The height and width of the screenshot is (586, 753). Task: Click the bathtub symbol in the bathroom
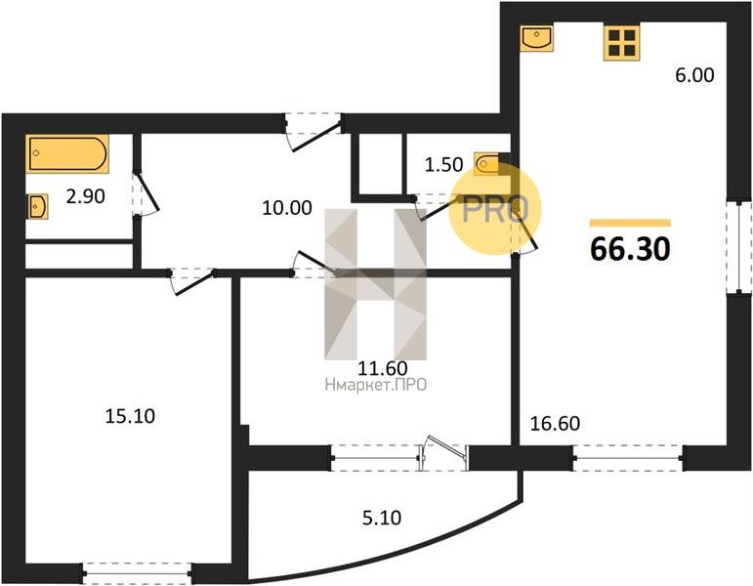click(x=67, y=153)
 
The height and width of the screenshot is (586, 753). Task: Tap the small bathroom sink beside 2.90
click(x=37, y=206)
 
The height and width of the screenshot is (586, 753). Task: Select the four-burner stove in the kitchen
click(x=622, y=43)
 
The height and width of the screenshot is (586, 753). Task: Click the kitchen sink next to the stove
click(x=536, y=38)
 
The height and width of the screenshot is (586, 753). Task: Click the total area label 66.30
click(x=630, y=249)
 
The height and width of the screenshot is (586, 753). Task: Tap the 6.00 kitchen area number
click(x=694, y=75)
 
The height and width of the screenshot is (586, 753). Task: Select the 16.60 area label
click(x=555, y=424)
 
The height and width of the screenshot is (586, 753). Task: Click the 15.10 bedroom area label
click(x=130, y=416)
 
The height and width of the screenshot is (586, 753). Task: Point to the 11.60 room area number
click(x=383, y=368)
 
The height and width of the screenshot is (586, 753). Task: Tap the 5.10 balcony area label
click(x=382, y=518)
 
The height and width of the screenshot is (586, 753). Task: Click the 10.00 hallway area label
click(x=287, y=208)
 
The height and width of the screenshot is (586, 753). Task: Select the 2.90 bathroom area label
click(x=86, y=196)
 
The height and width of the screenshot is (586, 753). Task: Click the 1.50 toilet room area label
click(x=443, y=165)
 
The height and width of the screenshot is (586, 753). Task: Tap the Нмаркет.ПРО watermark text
click(x=376, y=385)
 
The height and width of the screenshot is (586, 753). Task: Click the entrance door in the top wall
click(x=314, y=131)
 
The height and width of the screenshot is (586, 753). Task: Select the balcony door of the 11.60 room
click(x=444, y=453)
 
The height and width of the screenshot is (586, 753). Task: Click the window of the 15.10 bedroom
click(x=138, y=572)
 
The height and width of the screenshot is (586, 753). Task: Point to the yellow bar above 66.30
click(x=630, y=223)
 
